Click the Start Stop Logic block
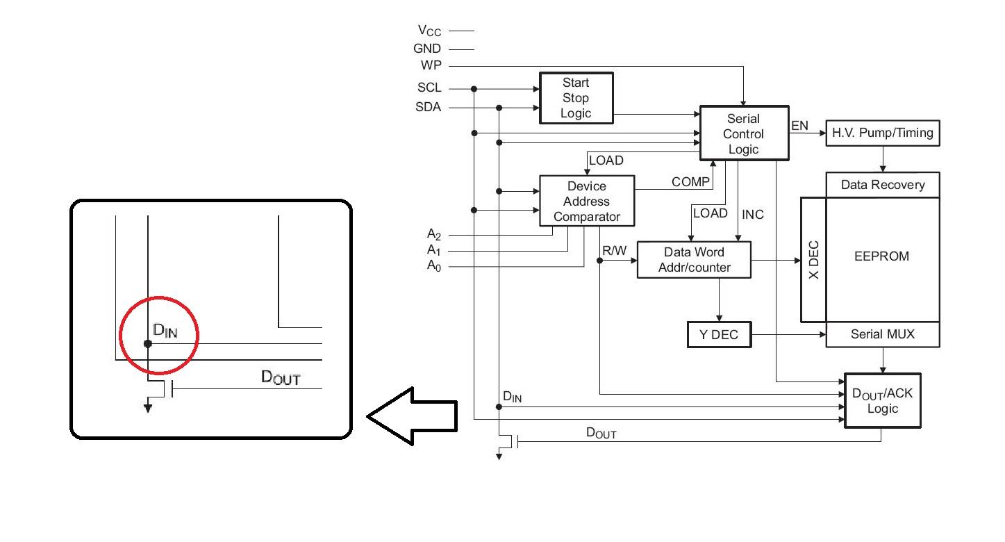[x=576, y=98]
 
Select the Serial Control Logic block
[x=744, y=133]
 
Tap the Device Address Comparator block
[x=587, y=201]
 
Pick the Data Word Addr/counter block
[x=694, y=260]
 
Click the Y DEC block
[x=719, y=335]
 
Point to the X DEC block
[x=813, y=260]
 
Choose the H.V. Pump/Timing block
[x=882, y=132]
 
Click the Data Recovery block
[x=882, y=185]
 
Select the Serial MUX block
[x=882, y=335]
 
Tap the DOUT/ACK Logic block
[x=882, y=400]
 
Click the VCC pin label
[x=429, y=31]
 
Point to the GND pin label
[x=427, y=49]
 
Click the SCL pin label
[x=429, y=88]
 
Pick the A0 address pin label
[x=433, y=265]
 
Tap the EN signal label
[x=800, y=126]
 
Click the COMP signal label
[x=690, y=182]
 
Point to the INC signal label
[x=753, y=215]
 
